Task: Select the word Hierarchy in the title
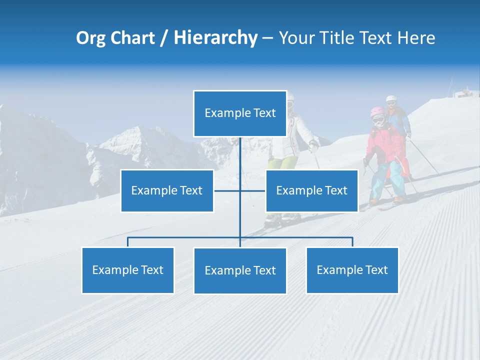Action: tap(215, 38)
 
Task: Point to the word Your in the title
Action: tap(295, 38)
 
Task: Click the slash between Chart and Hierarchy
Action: tap(163, 38)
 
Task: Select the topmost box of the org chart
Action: tap(240, 113)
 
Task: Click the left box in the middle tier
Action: tap(167, 190)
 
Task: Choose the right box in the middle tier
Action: tap(311, 190)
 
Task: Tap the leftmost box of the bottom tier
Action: tap(127, 270)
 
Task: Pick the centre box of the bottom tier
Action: tap(240, 270)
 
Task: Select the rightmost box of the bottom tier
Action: tap(352, 270)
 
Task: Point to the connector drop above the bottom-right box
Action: tap(352, 242)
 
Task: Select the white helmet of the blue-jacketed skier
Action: tap(391, 98)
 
